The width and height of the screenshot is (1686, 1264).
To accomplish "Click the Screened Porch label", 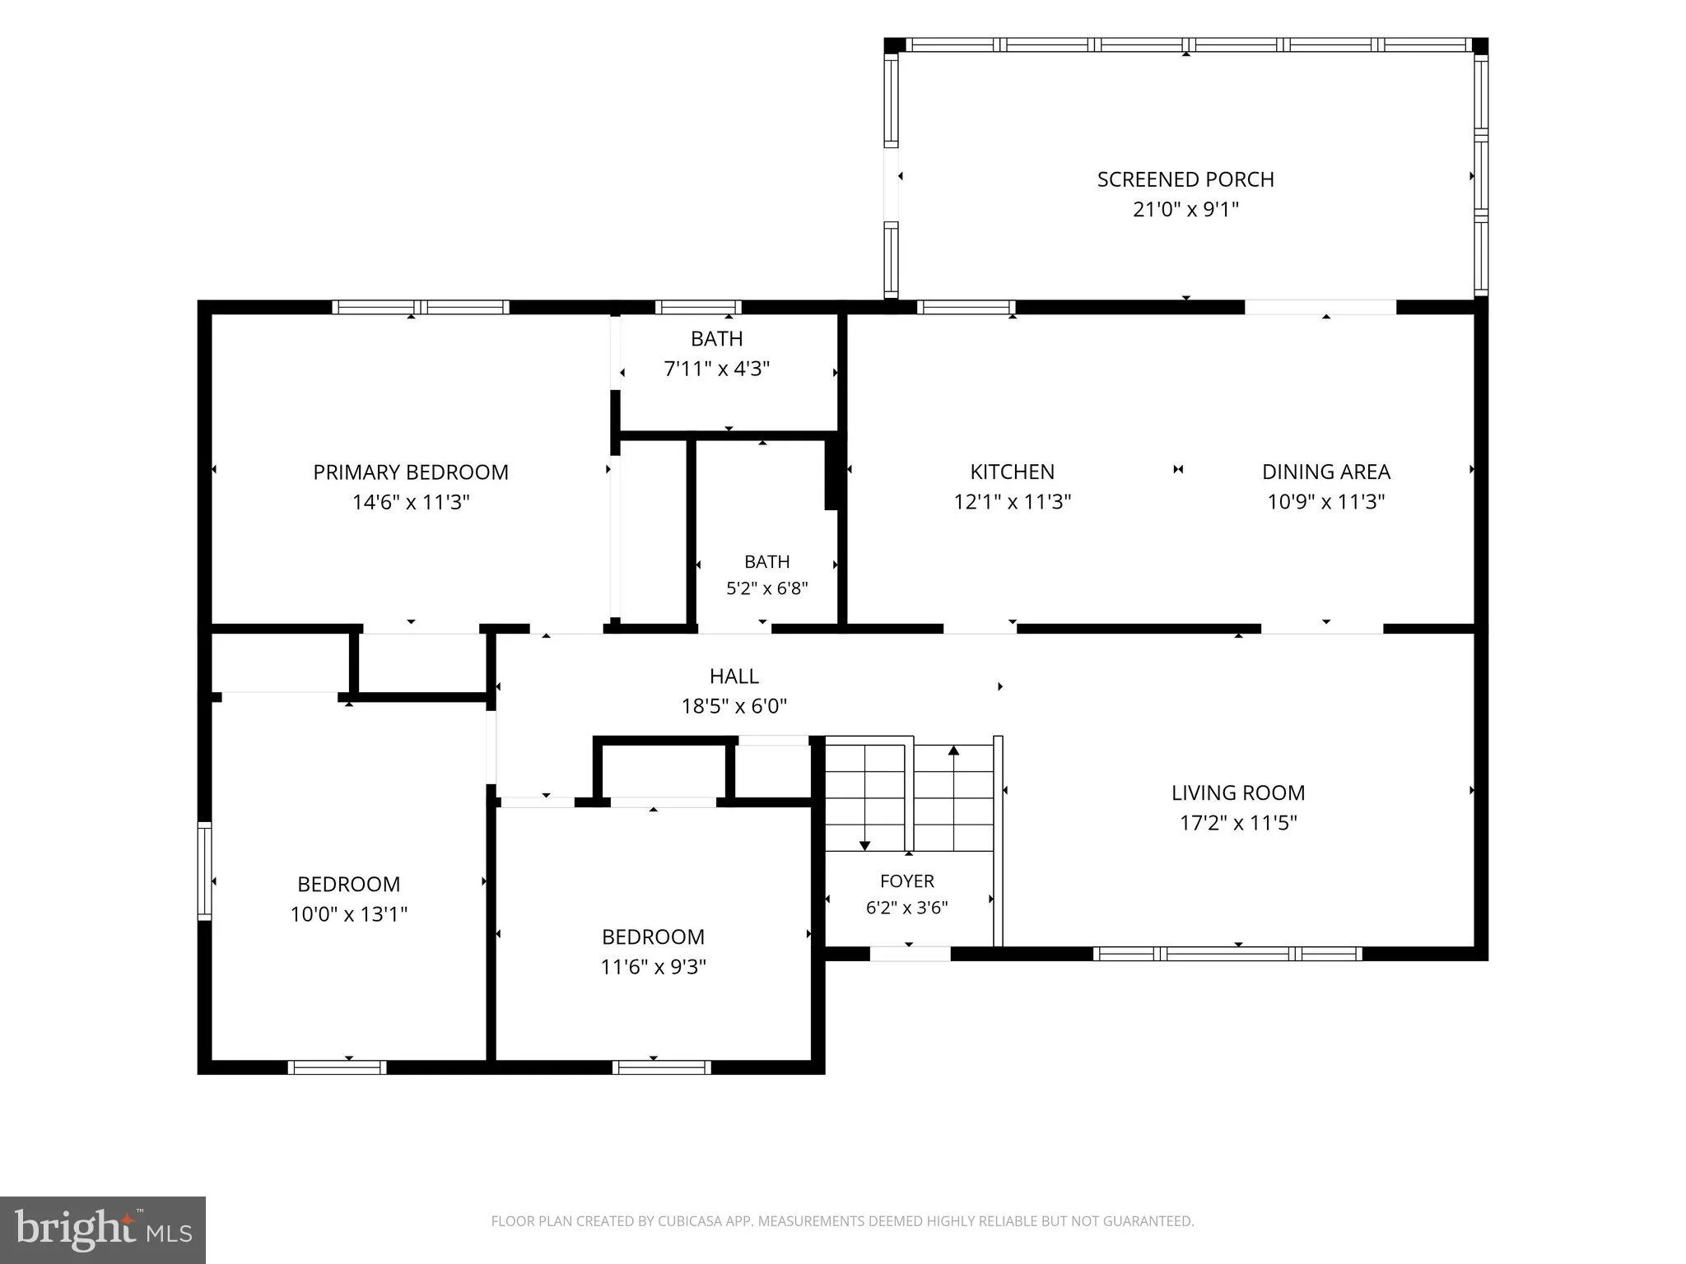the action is coord(1185,179).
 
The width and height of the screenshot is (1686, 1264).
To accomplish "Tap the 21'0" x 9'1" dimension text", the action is coord(1185,209).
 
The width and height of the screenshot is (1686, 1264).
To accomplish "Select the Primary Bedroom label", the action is coord(411,472).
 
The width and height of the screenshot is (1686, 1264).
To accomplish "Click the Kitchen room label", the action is coord(1013,472).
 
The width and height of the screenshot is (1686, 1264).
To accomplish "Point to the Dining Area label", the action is coord(1326,472).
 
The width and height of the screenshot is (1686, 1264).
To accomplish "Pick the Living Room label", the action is coord(1238,792).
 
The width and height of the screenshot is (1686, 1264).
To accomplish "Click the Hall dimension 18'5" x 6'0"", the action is coord(734,706).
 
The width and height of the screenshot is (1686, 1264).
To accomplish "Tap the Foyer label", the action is coord(907,881).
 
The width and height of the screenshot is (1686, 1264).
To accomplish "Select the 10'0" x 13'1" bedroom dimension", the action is coord(349,914).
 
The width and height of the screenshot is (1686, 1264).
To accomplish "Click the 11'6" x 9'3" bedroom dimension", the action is coord(654,967).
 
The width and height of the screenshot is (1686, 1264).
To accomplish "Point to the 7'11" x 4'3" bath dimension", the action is coord(717,369).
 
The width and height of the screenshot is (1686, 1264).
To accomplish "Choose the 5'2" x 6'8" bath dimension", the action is coord(767,588).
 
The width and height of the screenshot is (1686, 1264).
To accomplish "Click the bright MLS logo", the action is coord(103,1229).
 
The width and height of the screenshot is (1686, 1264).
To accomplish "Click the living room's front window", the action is coord(1227,954).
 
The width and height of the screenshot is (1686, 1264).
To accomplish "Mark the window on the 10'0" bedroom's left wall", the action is coord(205,871).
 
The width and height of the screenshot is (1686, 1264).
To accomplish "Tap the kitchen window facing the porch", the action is coord(966,307).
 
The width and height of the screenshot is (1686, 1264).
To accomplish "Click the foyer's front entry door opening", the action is coord(910,954).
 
